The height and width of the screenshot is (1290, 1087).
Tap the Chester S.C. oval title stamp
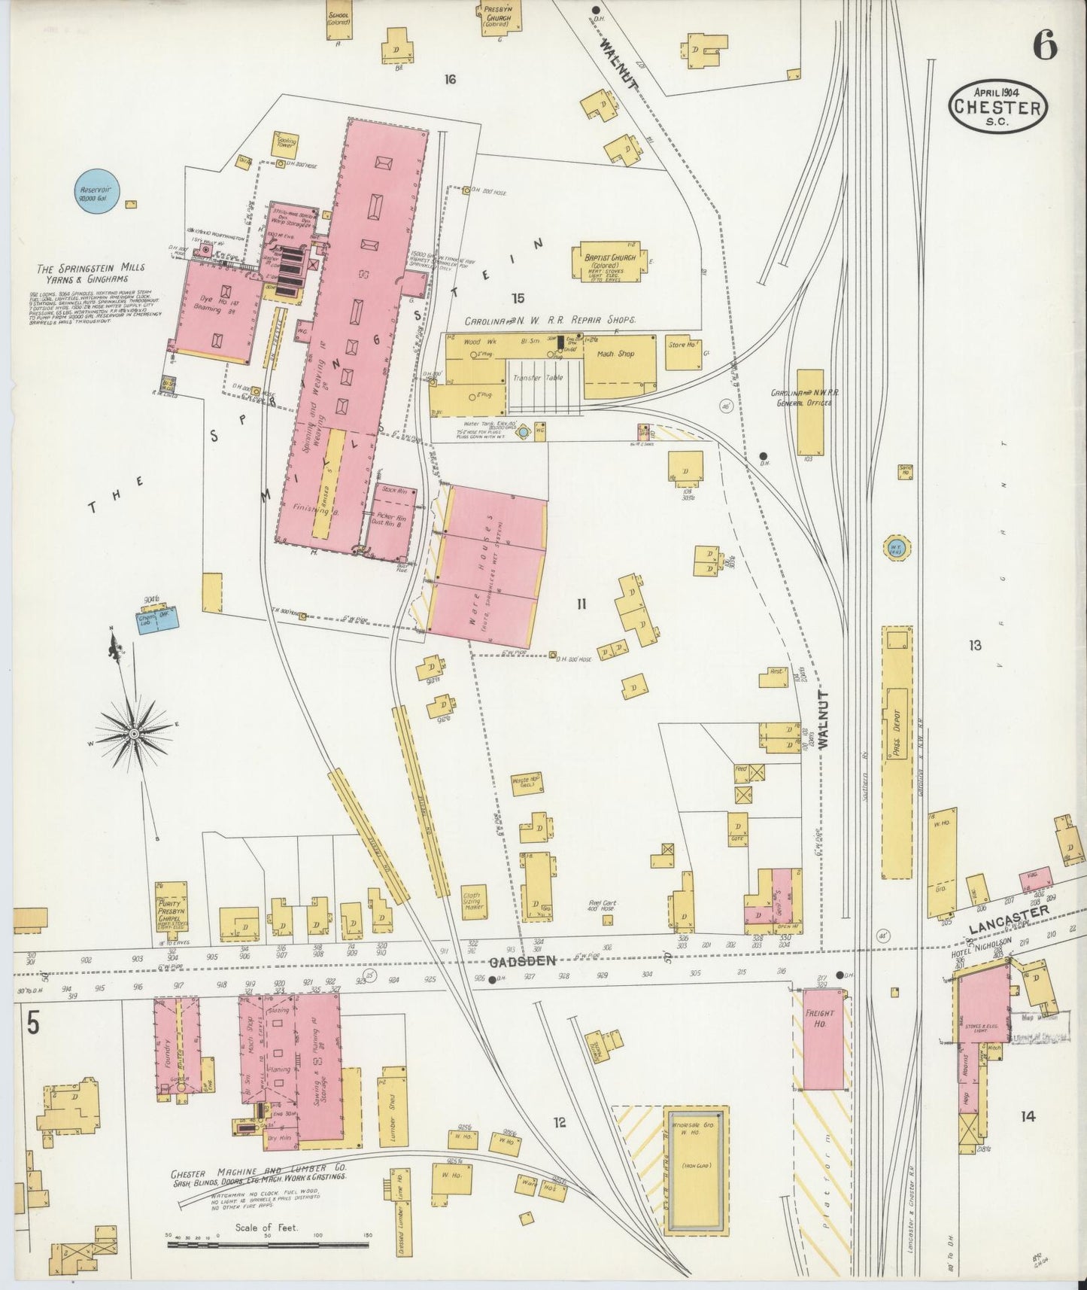click(997, 106)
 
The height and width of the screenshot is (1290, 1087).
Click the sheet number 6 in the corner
click(1045, 46)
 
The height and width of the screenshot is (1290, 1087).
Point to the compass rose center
click(133, 732)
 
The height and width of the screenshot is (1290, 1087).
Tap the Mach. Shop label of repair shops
click(615, 354)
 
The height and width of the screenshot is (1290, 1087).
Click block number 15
click(518, 298)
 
